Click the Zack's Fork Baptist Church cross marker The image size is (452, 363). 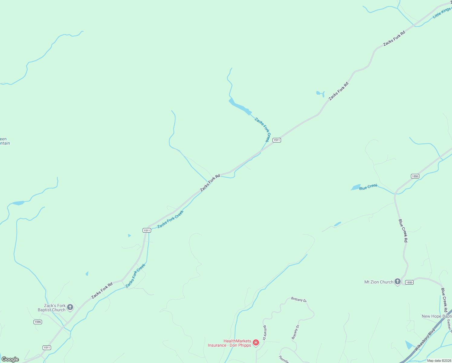(x=70, y=308)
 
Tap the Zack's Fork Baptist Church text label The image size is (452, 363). (x=52, y=308)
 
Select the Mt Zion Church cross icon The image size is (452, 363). (x=398, y=282)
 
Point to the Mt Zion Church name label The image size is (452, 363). (x=379, y=282)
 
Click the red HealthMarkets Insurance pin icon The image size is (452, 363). (x=256, y=342)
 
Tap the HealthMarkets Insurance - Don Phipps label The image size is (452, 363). (x=230, y=343)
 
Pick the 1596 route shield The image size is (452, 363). (x=38, y=322)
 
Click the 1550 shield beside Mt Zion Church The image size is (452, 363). (x=409, y=282)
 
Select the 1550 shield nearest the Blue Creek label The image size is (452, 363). (x=415, y=176)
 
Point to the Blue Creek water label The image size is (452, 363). (x=368, y=187)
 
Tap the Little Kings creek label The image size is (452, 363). (x=442, y=13)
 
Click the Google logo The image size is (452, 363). (x=10, y=359)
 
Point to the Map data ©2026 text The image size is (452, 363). (x=439, y=361)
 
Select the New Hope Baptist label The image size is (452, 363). (x=436, y=316)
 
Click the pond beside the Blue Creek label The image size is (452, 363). (x=356, y=188)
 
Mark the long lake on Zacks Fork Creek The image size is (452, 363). (x=240, y=107)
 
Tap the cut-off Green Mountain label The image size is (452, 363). (x=5, y=141)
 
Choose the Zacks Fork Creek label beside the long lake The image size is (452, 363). (x=262, y=129)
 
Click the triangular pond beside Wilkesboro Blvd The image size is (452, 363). (x=409, y=345)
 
